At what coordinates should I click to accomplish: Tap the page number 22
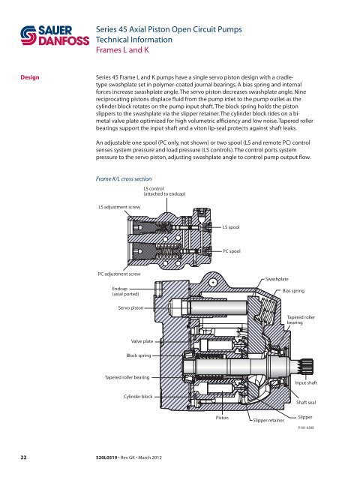tap(26, 454)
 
